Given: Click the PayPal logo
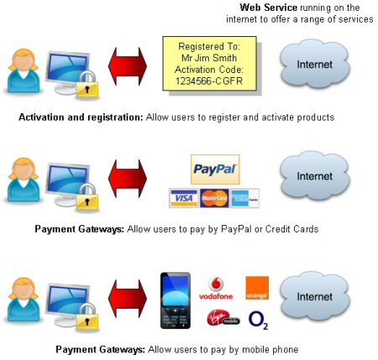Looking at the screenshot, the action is [215, 170].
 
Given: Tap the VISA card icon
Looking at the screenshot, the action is [184, 198].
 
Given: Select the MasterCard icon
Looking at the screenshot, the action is [214, 198].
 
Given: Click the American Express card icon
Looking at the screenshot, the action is [244, 198].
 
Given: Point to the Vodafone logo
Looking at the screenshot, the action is [216, 288].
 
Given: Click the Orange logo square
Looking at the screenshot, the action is [257, 288].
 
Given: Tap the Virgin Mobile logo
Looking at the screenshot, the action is [223, 318].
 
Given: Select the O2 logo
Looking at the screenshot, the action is [258, 320].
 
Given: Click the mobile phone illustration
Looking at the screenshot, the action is [176, 300].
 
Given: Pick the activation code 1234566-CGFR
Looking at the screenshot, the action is [209, 81].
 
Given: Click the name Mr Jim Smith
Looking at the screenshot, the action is [209, 58].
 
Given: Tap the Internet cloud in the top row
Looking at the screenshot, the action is [315, 64].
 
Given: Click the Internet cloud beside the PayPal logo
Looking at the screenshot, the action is [315, 175].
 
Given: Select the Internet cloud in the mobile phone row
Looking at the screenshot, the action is [315, 296].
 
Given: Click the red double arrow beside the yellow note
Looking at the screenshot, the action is [128, 66].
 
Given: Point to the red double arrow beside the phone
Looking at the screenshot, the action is [128, 298].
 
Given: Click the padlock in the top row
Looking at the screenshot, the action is [87, 85].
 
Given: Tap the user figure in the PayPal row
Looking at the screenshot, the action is [24, 180].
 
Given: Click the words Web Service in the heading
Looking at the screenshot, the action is [268, 8].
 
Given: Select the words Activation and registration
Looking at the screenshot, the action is [81, 117].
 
